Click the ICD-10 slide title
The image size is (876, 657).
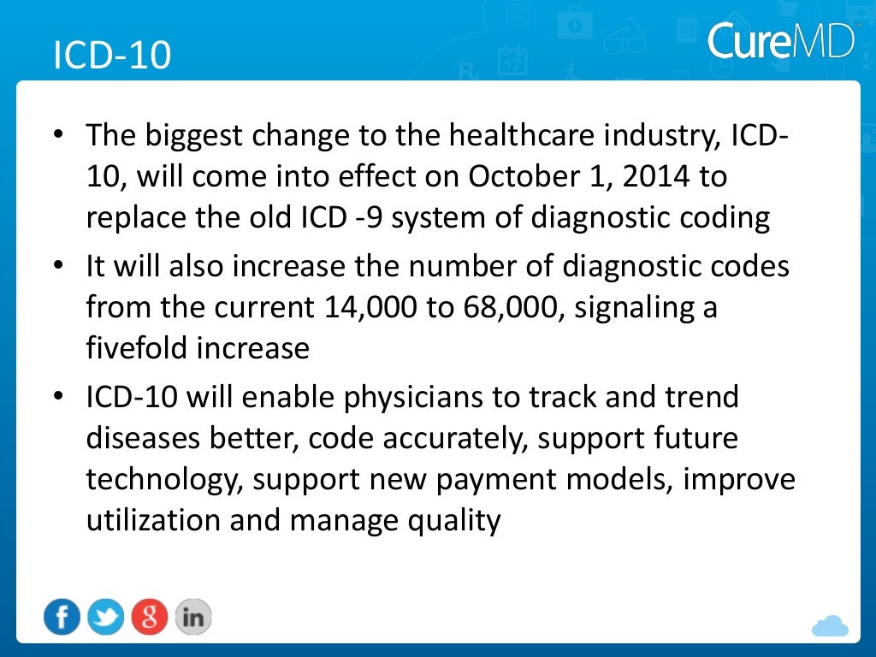pyautogui.click(x=112, y=55)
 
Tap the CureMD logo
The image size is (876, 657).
pyautogui.click(x=781, y=39)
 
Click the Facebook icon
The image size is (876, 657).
pyautogui.click(x=62, y=617)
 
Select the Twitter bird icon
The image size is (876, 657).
pyautogui.click(x=105, y=617)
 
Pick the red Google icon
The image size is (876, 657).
pyautogui.click(x=149, y=617)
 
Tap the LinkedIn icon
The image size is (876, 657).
pyautogui.click(x=192, y=617)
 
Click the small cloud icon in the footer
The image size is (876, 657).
pyautogui.click(x=829, y=626)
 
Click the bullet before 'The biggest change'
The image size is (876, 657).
pyautogui.click(x=57, y=136)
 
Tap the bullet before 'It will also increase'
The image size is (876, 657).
pyautogui.click(x=57, y=266)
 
